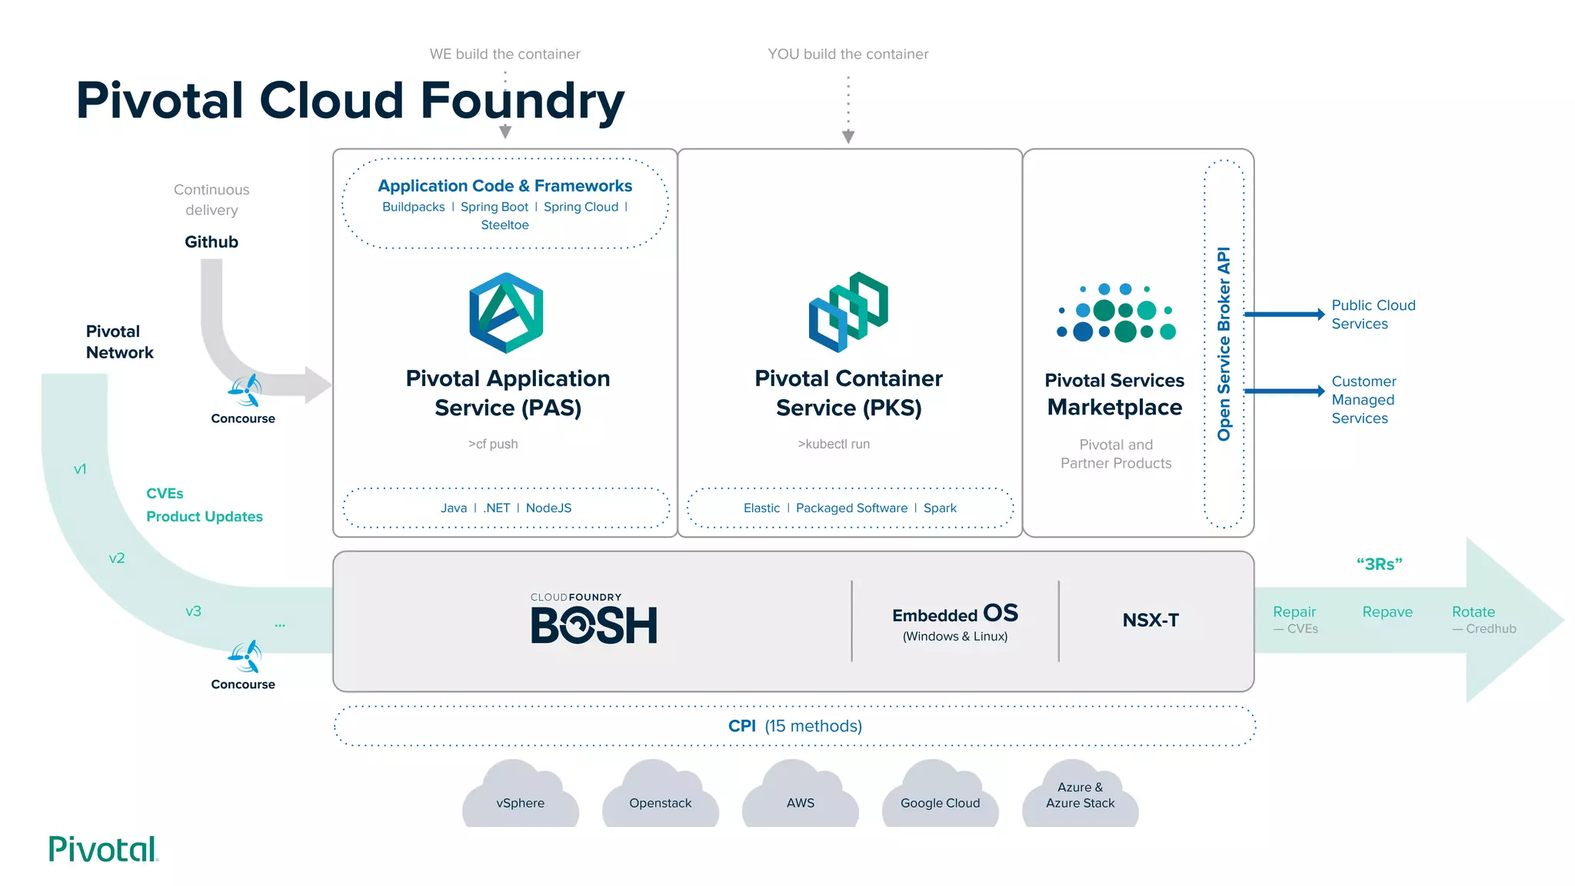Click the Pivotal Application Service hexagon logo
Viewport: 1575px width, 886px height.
506,313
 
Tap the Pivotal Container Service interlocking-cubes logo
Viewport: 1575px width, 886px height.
848,311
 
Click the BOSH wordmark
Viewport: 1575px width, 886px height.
594,625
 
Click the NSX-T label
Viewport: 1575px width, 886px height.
1150,620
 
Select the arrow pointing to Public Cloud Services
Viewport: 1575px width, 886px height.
1284,314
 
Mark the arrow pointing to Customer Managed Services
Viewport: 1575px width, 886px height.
1284,391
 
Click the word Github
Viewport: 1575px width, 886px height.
211,242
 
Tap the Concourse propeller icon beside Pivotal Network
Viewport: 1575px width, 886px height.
245,391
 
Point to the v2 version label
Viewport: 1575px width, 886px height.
117,558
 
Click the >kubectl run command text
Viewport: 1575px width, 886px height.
834,444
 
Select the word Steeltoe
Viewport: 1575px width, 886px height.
504,225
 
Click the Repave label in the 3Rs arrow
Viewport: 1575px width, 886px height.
1387,612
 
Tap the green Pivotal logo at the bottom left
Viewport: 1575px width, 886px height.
103,849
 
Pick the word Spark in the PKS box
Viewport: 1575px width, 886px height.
940,508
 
